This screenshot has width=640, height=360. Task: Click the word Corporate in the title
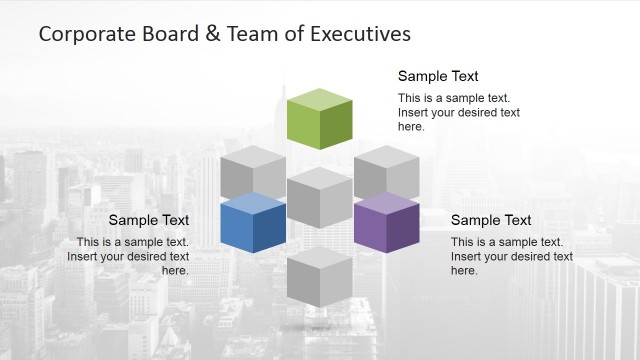click(x=84, y=34)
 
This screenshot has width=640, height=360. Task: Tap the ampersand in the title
click(x=212, y=34)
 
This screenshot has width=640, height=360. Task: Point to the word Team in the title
click(x=249, y=34)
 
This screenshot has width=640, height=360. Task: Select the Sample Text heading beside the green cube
click(x=438, y=76)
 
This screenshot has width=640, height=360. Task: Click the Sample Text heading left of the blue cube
click(x=148, y=220)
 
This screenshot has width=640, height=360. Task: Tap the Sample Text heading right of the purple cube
click(x=491, y=220)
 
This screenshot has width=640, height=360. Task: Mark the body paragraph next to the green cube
click(x=459, y=112)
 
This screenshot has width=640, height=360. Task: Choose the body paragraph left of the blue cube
click(x=128, y=256)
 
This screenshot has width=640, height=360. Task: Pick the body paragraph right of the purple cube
click(x=512, y=256)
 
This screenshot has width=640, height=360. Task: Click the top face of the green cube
click(x=319, y=101)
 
